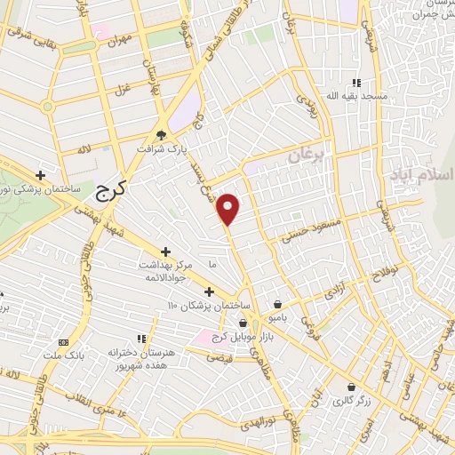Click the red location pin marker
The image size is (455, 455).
click(x=229, y=208)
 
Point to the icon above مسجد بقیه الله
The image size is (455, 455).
click(x=356, y=83)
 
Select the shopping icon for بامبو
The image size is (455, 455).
click(x=278, y=303)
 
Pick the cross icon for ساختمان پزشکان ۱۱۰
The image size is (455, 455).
click(x=208, y=291)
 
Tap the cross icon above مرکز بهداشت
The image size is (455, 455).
click(x=164, y=253)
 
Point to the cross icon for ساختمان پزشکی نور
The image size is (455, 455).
click(x=40, y=175)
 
